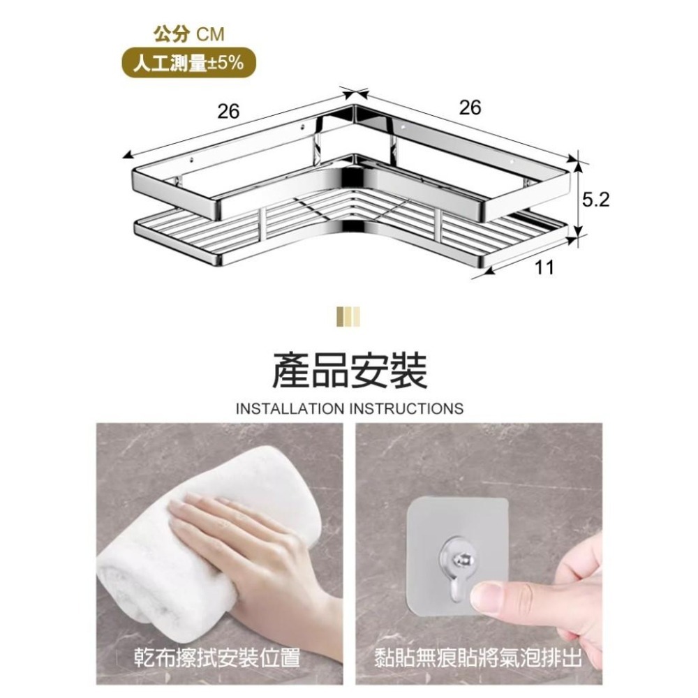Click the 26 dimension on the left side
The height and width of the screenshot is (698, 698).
[x=228, y=112]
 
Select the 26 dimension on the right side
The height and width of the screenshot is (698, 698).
[x=470, y=107]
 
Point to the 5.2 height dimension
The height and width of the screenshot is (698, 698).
[x=595, y=200]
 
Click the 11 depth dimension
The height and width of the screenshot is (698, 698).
[x=545, y=267]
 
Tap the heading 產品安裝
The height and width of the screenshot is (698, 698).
[x=349, y=369]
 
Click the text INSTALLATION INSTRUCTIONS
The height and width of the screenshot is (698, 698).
[x=349, y=408]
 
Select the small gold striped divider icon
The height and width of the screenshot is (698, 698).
[x=349, y=316]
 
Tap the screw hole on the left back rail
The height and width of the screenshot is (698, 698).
[x=303, y=128]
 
